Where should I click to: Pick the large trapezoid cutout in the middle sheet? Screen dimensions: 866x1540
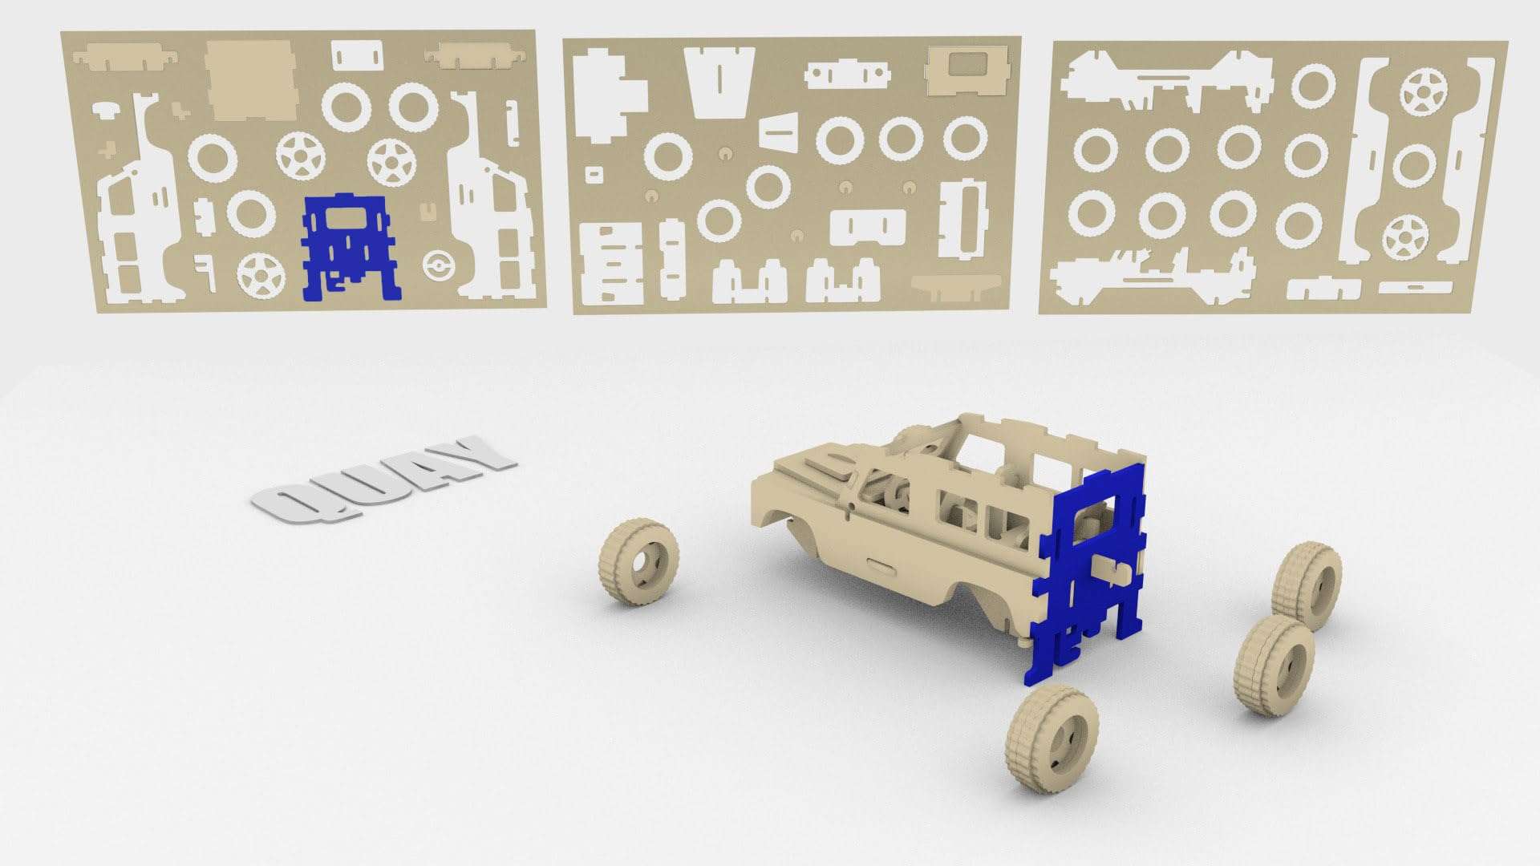[x=719, y=79]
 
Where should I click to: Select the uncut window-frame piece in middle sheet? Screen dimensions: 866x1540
[x=966, y=70]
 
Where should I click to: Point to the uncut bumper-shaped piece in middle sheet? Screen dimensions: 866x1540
[x=956, y=285]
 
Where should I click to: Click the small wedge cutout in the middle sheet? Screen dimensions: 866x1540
[x=782, y=131]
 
